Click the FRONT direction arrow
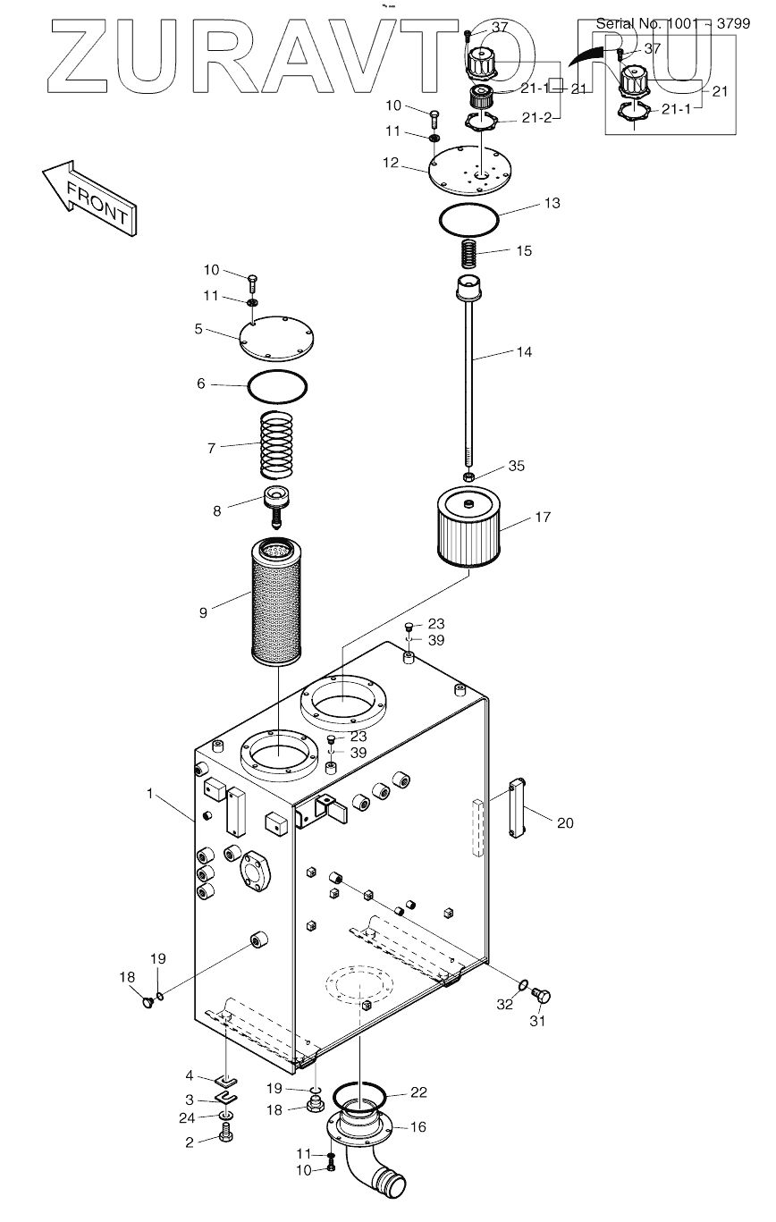pos(89,198)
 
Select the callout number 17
pos(543,517)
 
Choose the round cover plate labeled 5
pos(276,338)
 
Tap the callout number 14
pos(524,352)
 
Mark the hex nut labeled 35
pos(468,476)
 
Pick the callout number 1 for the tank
pos(150,794)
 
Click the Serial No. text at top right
pos(673,23)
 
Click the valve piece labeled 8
pos(277,506)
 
